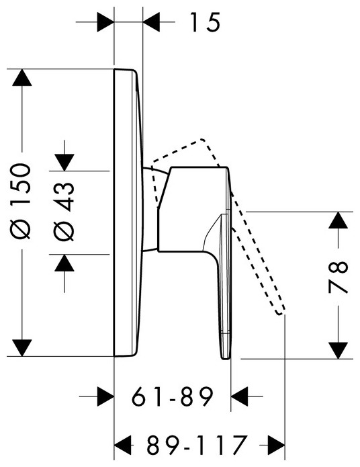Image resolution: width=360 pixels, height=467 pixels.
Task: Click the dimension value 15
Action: pyautogui.click(x=205, y=22)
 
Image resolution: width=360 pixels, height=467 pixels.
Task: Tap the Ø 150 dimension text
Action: pyautogui.click(x=21, y=202)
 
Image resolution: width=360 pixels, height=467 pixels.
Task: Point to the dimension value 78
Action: pyautogui.click(x=338, y=278)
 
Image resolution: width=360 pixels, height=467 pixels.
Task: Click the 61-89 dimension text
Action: pyautogui.click(x=173, y=396)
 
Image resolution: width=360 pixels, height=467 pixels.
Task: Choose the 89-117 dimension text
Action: pyautogui.click(x=197, y=445)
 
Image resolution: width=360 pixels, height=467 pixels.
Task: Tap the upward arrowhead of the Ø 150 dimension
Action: pyautogui.click(x=21, y=77)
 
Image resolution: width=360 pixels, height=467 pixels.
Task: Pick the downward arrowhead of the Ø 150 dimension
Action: pyautogui.click(x=21, y=347)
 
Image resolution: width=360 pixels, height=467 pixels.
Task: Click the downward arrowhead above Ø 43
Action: pyautogui.click(x=64, y=163)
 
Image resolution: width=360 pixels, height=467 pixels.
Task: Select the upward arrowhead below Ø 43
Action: pyautogui.click(x=64, y=263)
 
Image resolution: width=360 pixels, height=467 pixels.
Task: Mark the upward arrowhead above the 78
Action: pyautogui.click(x=339, y=220)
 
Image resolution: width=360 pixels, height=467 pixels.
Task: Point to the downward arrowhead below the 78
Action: pyautogui.click(x=339, y=350)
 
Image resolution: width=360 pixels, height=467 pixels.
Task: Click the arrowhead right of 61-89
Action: pyautogui.click(x=239, y=396)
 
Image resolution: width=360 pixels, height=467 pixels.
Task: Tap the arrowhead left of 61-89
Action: pyautogui.click(x=105, y=396)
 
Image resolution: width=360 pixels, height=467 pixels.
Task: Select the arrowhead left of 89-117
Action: pyautogui.click(x=123, y=445)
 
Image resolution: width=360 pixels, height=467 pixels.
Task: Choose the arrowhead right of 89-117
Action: pyautogui.click(x=277, y=445)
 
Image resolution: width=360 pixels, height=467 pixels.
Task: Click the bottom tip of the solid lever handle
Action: pyautogui.click(x=226, y=359)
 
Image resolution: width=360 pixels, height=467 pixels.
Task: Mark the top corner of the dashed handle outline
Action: pyautogui.click(x=202, y=139)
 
